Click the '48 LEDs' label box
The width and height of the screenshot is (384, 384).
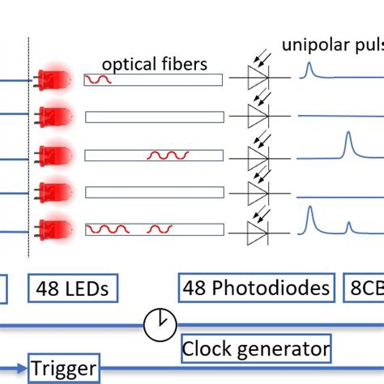point(72,287)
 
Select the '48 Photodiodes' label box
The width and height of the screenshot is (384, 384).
point(256,287)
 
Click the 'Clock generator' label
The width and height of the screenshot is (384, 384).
point(255,348)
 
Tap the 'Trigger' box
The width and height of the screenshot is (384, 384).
point(64,369)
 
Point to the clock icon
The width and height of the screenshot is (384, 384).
point(160,325)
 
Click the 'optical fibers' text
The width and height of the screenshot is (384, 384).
point(154,63)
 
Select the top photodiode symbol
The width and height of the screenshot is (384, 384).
point(258,79)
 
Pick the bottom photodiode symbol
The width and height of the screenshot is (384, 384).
point(258,229)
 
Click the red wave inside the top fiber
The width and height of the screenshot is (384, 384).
point(100,79)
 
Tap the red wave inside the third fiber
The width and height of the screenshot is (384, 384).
point(168,154)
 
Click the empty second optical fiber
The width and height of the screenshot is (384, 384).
point(153,117)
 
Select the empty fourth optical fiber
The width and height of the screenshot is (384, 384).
point(153,192)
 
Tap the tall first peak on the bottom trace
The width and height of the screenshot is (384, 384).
point(309,211)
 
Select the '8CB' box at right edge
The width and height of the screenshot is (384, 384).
point(366,287)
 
